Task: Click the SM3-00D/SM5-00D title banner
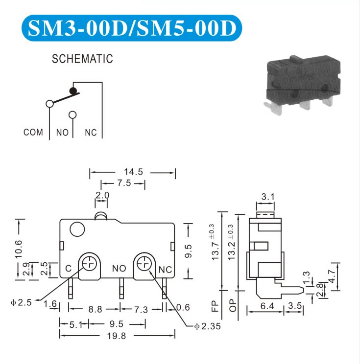click(x=132, y=28)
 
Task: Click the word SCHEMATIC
click(x=82, y=59)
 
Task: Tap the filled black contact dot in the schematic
click(x=73, y=91)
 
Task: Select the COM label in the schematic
click(x=33, y=132)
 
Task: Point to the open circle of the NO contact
click(x=72, y=114)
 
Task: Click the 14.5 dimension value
click(x=133, y=172)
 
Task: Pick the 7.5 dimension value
click(x=124, y=183)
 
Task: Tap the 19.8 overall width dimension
click(x=117, y=336)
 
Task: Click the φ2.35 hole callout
click(x=207, y=326)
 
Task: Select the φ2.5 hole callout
click(x=21, y=302)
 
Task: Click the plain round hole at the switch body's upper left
click(x=77, y=229)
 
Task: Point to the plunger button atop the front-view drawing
click(x=101, y=216)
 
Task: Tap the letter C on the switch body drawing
click(x=69, y=269)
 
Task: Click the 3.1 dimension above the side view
click(x=268, y=197)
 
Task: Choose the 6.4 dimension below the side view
click(x=267, y=306)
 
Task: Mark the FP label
click(x=215, y=306)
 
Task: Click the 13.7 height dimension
click(x=215, y=250)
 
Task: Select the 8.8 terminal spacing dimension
click(x=96, y=309)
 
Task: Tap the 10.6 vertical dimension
click(x=19, y=249)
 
